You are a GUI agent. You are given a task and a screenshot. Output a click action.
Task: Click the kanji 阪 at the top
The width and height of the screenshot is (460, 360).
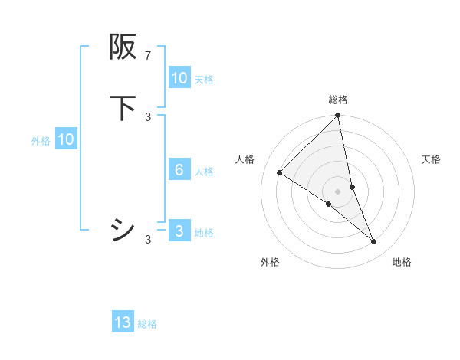pos(123,47)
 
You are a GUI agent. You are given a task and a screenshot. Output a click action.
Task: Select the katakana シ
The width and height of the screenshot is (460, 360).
pos(123,230)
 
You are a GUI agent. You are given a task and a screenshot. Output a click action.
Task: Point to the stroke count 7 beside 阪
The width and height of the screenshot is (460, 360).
pos(148,56)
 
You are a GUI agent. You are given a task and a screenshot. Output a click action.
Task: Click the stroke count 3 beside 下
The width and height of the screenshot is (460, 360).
pos(148,117)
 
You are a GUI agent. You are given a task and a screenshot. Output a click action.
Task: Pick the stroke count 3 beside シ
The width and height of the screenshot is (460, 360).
pos(148,240)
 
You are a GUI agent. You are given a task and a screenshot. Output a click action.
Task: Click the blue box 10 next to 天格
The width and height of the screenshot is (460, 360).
pos(179,78)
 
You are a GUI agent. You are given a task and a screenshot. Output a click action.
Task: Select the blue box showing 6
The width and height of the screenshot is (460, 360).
pos(179,170)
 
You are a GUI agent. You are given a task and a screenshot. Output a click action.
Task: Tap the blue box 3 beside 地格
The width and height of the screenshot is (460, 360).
pos(179,231)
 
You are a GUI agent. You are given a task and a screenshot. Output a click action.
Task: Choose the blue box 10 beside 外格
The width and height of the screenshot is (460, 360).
pos(66,139)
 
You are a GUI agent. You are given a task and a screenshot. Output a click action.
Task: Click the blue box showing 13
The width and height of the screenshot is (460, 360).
pos(123,322)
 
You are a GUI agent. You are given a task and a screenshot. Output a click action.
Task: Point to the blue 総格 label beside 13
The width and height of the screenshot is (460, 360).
pos(147,324)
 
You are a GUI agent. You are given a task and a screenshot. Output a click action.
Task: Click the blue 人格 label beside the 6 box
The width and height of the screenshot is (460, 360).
pos(204,172)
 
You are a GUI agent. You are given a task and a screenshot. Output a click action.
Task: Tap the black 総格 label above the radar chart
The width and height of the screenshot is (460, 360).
pos(338,100)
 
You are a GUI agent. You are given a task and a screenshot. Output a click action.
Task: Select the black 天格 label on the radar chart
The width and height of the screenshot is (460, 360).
pos(431,159)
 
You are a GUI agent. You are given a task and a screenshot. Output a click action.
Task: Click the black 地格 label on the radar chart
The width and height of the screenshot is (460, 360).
pos(402,262)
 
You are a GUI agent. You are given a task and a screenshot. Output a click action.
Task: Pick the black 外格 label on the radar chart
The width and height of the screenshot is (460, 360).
pos(270,262)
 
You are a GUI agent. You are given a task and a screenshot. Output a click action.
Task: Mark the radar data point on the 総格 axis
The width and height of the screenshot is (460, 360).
pos(338,116)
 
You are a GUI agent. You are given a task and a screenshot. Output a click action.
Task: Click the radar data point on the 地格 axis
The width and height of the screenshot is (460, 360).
pos(374,242)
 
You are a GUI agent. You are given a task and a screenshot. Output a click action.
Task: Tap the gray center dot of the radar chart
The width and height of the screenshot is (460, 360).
pos(338,191)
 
